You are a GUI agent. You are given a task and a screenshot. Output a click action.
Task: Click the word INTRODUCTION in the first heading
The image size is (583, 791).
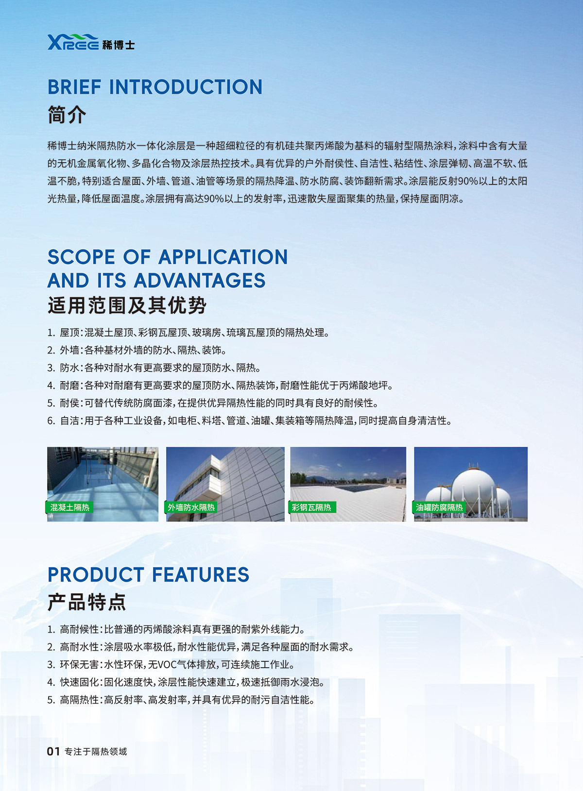click(186, 87)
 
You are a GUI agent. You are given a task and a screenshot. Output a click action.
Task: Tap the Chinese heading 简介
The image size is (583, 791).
click(67, 115)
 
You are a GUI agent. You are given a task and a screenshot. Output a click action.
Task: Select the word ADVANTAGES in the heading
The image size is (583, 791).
click(199, 281)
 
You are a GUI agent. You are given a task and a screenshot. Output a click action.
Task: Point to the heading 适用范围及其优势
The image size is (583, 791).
click(127, 305)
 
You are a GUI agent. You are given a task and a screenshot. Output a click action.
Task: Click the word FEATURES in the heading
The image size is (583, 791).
click(201, 575)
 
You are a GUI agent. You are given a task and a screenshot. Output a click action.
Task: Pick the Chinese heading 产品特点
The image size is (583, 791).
click(86, 602)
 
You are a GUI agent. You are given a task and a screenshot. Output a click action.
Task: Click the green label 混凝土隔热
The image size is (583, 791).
click(69, 507)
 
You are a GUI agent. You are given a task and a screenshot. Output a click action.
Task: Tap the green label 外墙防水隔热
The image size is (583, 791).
click(191, 507)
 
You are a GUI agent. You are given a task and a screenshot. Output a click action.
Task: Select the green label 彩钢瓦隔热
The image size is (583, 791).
click(311, 507)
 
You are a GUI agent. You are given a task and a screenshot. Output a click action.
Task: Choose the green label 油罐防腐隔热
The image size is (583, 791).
click(439, 507)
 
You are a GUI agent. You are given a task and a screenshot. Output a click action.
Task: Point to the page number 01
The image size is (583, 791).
click(53, 752)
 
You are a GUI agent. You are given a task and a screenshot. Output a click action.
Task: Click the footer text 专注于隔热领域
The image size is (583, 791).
click(96, 752)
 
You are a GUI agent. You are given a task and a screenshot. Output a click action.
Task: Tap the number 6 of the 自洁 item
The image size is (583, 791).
click(51, 421)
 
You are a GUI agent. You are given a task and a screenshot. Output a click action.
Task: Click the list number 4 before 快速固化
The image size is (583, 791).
click(51, 682)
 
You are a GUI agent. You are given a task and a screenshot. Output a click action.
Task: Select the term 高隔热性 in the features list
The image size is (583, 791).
click(79, 700)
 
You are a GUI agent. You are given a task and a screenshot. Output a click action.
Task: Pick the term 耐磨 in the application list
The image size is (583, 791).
click(69, 386)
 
